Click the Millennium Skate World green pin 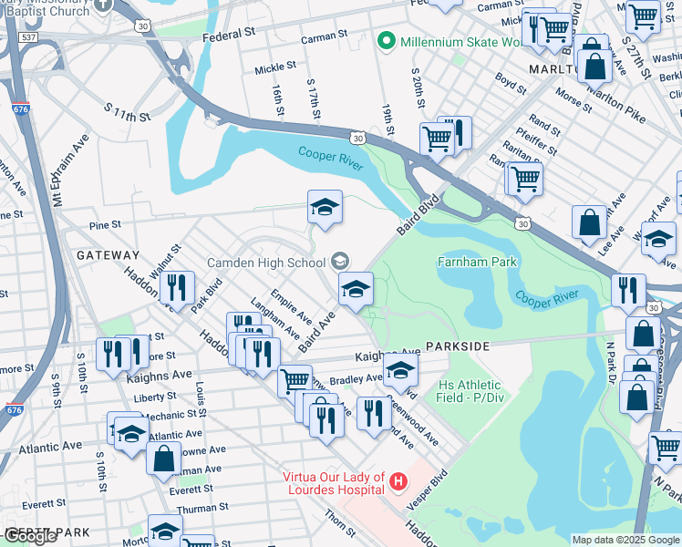pyautogui.click(x=386, y=41)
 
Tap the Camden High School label pyautogui.click(x=266, y=263)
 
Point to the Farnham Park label pyautogui.click(x=478, y=263)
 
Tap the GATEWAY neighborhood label pyautogui.click(x=108, y=255)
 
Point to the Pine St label pyautogui.click(x=106, y=222)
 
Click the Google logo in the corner pyautogui.click(x=30, y=536)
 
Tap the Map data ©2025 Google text pyautogui.click(x=625, y=540)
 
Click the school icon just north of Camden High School pyautogui.click(x=324, y=208)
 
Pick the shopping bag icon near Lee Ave pyautogui.click(x=590, y=222)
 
